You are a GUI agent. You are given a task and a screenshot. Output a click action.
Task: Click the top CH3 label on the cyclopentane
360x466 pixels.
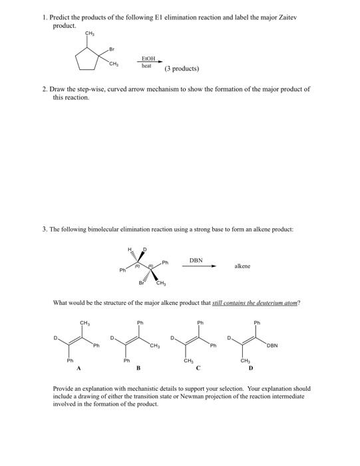[x=89, y=33]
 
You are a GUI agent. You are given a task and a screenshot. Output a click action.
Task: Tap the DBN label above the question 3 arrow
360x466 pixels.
[x=197, y=262]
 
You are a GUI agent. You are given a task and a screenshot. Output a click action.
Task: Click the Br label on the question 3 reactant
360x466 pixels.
[x=140, y=284]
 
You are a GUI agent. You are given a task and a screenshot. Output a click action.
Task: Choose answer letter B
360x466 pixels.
[x=138, y=367]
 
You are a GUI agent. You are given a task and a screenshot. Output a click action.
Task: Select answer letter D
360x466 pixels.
[x=250, y=367]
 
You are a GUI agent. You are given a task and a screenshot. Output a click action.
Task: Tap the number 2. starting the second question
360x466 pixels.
[x=45, y=89]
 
